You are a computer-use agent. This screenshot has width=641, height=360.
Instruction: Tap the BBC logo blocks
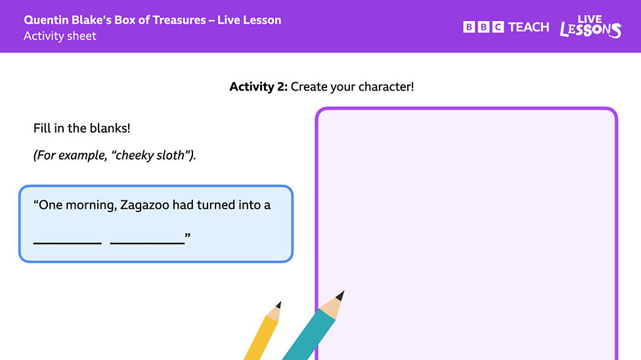[483, 27]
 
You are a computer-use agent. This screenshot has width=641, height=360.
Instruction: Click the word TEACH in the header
[529, 27]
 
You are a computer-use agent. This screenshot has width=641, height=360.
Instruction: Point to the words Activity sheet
[60, 36]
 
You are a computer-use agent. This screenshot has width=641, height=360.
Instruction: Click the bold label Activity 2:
[258, 87]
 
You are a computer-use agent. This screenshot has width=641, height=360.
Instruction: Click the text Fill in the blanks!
[81, 128]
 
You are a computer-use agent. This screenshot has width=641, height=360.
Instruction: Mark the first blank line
[67, 242]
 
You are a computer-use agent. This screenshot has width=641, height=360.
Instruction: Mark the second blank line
[147, 242]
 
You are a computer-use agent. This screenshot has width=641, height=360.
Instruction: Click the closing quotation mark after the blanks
[188, 235]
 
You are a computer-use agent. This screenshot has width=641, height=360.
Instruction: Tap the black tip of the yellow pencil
[278, 305]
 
